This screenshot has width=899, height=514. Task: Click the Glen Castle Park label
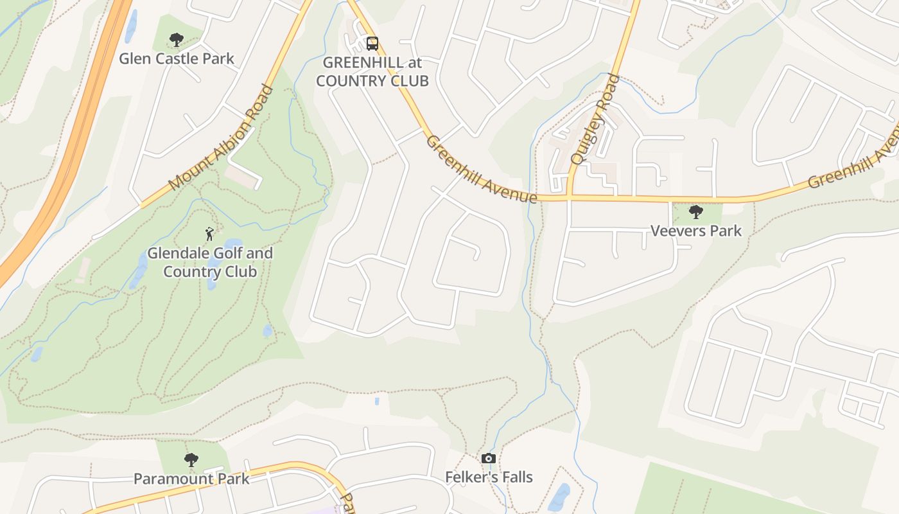pyautogui.click(x=177, y=58)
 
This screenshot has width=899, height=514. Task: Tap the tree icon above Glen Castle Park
pyautogui.click(x=176, y=40)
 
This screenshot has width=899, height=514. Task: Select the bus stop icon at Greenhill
pyautogui.click(x=372, y=43)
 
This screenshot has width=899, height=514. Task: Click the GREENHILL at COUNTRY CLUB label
pyautogui.click(x=372, y=71)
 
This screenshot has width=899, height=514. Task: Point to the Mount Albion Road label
pyautogui.click(x=222, y=137)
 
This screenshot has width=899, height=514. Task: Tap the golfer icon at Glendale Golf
pyautogui.click(x=209, y=234)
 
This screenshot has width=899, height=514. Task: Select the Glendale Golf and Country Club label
pyautogui.click(x=210, y=262)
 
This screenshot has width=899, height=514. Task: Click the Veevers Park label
pyautogui.click(x=696, y=231)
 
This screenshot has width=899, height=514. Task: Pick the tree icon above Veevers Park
pyautogui.click(x=695, y=212)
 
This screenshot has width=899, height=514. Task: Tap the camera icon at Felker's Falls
pyautogui.click(x=489, y=458)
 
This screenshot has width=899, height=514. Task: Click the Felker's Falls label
pyautogui.click(x=489, y=477)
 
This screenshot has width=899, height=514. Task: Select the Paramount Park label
pyautogui.click(x=191, y=479)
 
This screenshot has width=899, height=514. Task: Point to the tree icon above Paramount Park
pyautogui.click(x=191, y=460)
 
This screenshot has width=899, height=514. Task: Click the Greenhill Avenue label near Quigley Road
pyautogui.click(x=481, y=169)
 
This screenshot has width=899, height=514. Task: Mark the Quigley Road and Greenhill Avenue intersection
pyautogui.click(x=570, y=197)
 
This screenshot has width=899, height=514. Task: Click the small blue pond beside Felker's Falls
pyautogui.click(x=559, y=496)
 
